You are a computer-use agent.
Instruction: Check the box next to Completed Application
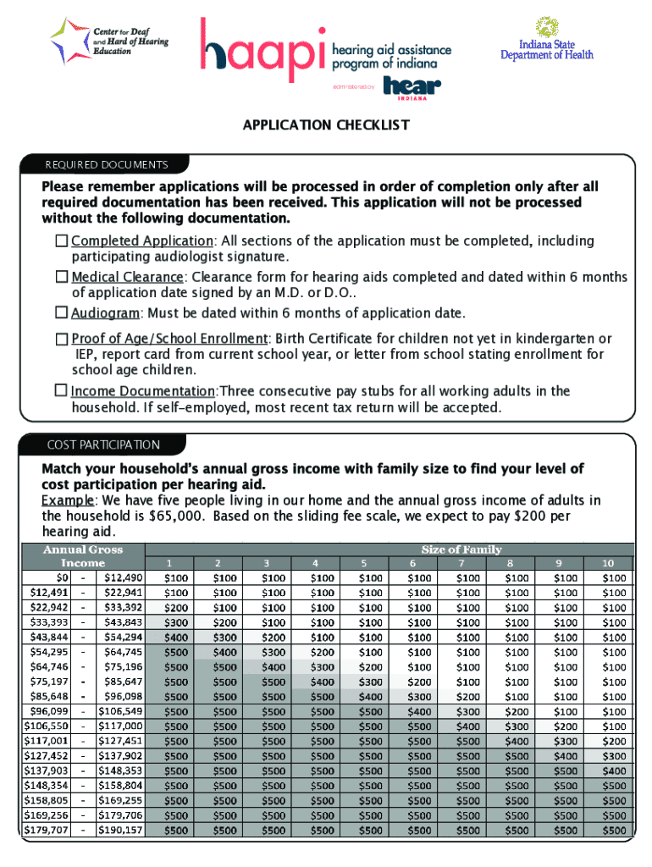pos(61,241)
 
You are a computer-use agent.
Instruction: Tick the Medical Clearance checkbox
pos(61,277)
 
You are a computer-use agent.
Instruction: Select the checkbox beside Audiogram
pos(61,312)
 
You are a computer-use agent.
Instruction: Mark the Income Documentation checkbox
pos(61,390)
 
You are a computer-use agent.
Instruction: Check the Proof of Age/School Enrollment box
pos(61,339)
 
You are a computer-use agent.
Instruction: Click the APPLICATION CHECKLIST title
pos(326,125)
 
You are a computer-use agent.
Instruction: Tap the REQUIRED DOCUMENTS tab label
pos(108,164)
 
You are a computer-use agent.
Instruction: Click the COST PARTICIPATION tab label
pos(103,445)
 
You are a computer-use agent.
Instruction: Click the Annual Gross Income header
pos(83,555)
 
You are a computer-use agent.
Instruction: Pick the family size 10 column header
pos(607,563)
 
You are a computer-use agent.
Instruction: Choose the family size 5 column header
pos(364,563)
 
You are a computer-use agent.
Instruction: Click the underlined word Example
pos(68,500)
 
